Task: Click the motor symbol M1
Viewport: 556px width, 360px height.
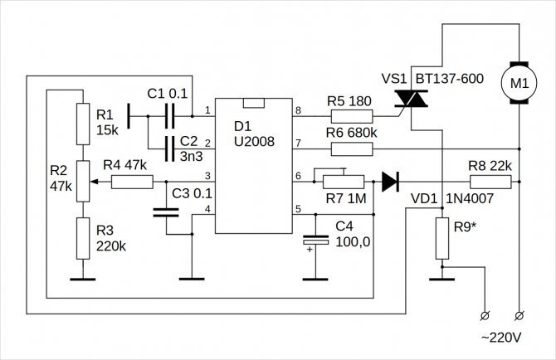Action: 519,83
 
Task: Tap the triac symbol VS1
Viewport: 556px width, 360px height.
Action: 411,99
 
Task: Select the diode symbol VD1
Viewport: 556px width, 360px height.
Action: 390,182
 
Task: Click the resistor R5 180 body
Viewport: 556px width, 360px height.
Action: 352,116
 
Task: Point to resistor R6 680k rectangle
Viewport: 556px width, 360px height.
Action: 352,149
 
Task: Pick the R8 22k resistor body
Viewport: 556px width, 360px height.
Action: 490,182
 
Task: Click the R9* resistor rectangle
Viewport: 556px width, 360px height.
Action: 442,238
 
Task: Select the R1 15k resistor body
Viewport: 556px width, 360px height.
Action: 83,124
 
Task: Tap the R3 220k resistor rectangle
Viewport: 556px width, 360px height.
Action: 83,238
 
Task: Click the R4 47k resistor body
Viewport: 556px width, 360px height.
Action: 132,182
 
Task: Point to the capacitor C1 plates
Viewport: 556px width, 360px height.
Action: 169,116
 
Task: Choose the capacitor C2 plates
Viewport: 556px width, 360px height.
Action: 169,148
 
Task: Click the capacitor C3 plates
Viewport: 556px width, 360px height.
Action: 166,212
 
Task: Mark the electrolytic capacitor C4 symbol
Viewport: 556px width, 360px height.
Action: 315,241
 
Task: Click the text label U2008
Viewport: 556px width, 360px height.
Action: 254,142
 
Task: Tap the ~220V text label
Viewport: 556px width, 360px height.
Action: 501,338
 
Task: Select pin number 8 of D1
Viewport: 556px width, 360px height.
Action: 298,110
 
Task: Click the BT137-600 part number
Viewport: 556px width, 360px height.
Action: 450,79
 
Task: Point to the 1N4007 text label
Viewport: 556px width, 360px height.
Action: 470,199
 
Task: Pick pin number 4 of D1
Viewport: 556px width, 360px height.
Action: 207,209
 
